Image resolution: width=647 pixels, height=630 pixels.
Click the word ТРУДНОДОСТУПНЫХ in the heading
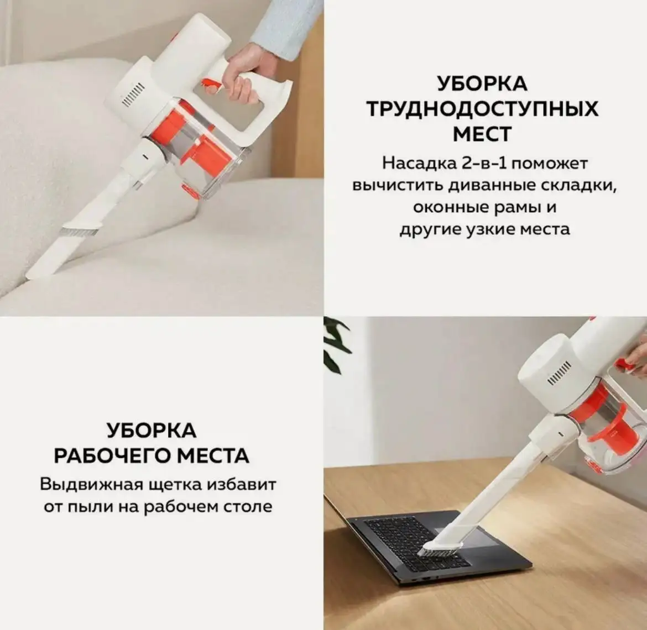(482, 109)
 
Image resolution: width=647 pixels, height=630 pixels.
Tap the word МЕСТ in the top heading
(482, 134)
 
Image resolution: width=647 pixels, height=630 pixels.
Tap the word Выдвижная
(92, 485)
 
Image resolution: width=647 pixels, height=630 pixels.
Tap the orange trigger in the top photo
(211, 85)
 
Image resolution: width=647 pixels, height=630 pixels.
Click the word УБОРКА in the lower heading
(151, 431)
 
